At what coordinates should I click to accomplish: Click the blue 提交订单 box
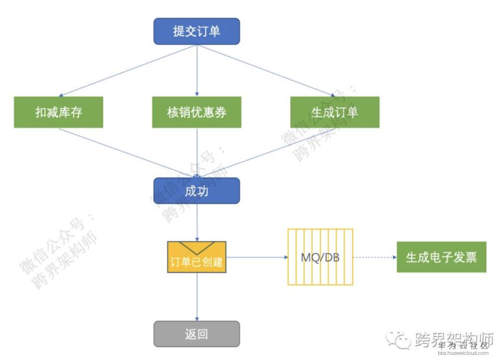click(x=197, y=31)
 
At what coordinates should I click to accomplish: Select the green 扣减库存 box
click(x=58, y=112)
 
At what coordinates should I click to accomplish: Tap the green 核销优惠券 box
click(x=197, y=112)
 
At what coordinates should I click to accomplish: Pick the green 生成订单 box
click(x=334, y=112)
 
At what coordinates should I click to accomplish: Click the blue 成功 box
click(x=197, y=191)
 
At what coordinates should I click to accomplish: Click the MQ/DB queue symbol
click(x=320, y=257)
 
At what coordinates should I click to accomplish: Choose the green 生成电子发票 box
click(x=441, y=257)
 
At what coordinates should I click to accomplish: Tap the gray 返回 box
click(x=197, y=334)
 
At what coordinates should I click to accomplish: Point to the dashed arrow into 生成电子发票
click(x=374, y=257)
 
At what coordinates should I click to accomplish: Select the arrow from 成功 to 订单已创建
click(x=197, y=223)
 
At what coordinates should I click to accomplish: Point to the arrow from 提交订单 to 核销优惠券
click(x=197, y=70)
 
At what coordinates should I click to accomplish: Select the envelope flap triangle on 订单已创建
click(x=197, y=246)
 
